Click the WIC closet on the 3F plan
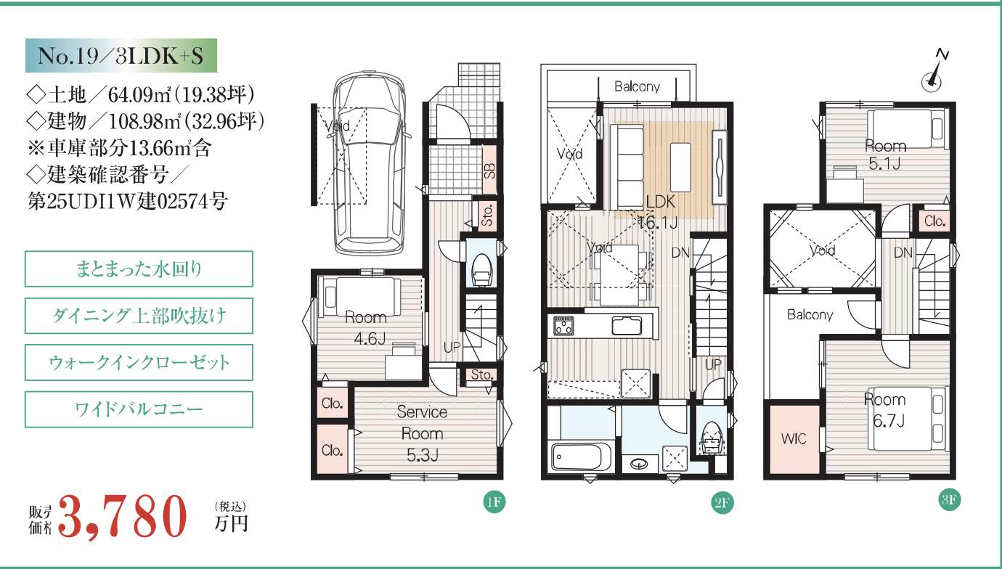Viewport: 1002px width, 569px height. pyautogui.click(x=794, y=439)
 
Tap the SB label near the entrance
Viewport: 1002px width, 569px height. pyautogui.click(x=490, y=171)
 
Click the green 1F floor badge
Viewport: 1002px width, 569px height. pyautogui.click(x=494, y=502)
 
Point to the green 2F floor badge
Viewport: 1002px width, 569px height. pyautogui.click(x=722, y=503)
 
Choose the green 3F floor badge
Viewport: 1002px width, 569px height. pyautogui.click(x=949, y=499)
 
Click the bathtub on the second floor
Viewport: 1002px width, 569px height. pyautogui.click(x=582, y=457)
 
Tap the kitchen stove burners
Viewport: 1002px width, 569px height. pyautogui.click(x=563, y=326)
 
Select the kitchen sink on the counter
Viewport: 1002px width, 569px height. pyautogui.click(x=627, y=325)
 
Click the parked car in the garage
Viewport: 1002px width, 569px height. pyautogui.click(x=370, y=163)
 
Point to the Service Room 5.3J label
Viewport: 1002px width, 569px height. pyautogui.click(x=422, y=433)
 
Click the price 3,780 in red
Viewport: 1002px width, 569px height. pyautogui.click(x=122, y=517)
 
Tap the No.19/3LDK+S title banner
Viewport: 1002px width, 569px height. pyautogui.click(x=121, y=55)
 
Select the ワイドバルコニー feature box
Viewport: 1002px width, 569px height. pyautogui.click(x=139, y=409)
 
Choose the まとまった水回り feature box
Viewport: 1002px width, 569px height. pyautogui.click(x=139, y=269)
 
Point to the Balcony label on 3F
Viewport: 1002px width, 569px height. pyautogui.click(x=810, y=315)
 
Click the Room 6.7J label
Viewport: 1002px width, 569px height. pyautogui.click(x=886, y=410)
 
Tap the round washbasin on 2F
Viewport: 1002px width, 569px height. pyautogui.click(x=638, y=464)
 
